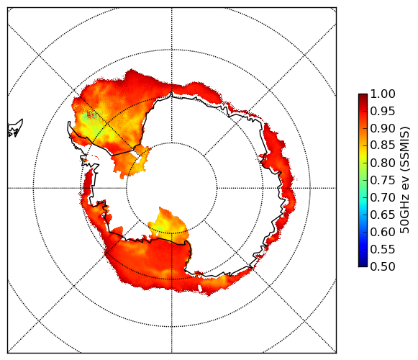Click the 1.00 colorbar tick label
tap(383, 94)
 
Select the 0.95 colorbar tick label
tap(383, 112)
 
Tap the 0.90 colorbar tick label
tap(383, 128)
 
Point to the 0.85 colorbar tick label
tap(383, 145)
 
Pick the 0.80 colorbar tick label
tap(383, 163)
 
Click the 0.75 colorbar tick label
tap(383, 180)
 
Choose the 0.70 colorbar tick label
tap(383, 197)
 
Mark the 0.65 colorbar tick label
tap(383, 215)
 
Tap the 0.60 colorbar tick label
tap(383, 232)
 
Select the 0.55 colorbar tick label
tap(383, 249)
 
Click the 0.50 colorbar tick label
tap(383, 266)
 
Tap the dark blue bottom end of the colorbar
tap(363, 265)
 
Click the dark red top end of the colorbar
tap(363, 96)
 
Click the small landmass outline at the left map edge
tap(15, 129)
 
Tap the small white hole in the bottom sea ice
tap(200, 288)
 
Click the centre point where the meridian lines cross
tap(172, 188)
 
